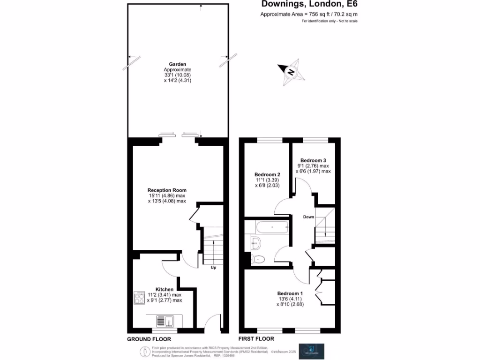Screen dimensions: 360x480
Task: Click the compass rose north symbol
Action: point(291,72)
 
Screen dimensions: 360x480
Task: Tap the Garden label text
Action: point(178,64)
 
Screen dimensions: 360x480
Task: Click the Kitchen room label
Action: point(165,289)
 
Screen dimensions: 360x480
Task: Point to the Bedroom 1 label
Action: point(290,293)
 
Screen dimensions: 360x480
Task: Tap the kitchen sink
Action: point(165,321)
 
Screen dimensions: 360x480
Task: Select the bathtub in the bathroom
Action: point(272,228)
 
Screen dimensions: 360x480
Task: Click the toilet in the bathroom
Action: point(258,259)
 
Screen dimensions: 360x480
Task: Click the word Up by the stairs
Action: point(213,268)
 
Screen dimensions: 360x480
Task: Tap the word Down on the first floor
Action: point(308,217)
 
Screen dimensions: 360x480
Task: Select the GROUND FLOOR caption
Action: point(149,339)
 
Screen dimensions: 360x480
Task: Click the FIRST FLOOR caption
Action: point(256,339)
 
